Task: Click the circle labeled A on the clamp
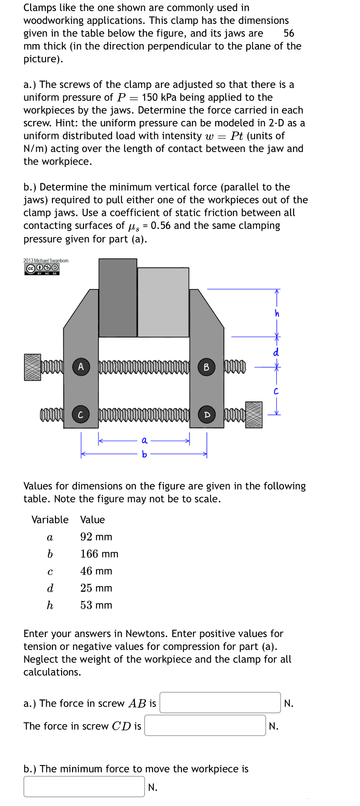(x=81, y=367)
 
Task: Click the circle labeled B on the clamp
(x=206, y=367)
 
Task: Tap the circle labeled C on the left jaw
(x=81, y=415)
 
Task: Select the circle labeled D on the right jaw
(x=207, y=415)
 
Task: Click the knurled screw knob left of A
(x=32, y=367)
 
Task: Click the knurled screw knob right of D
(x=254, y=415)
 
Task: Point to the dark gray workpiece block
(x=118, y=297)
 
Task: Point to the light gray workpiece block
(x=163, y=302)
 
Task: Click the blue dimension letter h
(x=277, y=313)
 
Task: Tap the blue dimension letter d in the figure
(x=276, y=352)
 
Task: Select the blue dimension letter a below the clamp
(x=144, y=441)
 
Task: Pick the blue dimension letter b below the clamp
(x=144, y=454)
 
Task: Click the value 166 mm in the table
(x=99, y=554)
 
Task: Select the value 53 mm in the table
(x=96, y=605)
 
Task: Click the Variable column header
(x=50, y=519)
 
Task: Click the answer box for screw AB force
(x=220, y=703)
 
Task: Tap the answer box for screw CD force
(x=205, y=725)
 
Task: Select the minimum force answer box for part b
(x=84, y=786)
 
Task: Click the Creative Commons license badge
(x=42, y=268)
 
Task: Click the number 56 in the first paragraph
(x=289, y=33)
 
